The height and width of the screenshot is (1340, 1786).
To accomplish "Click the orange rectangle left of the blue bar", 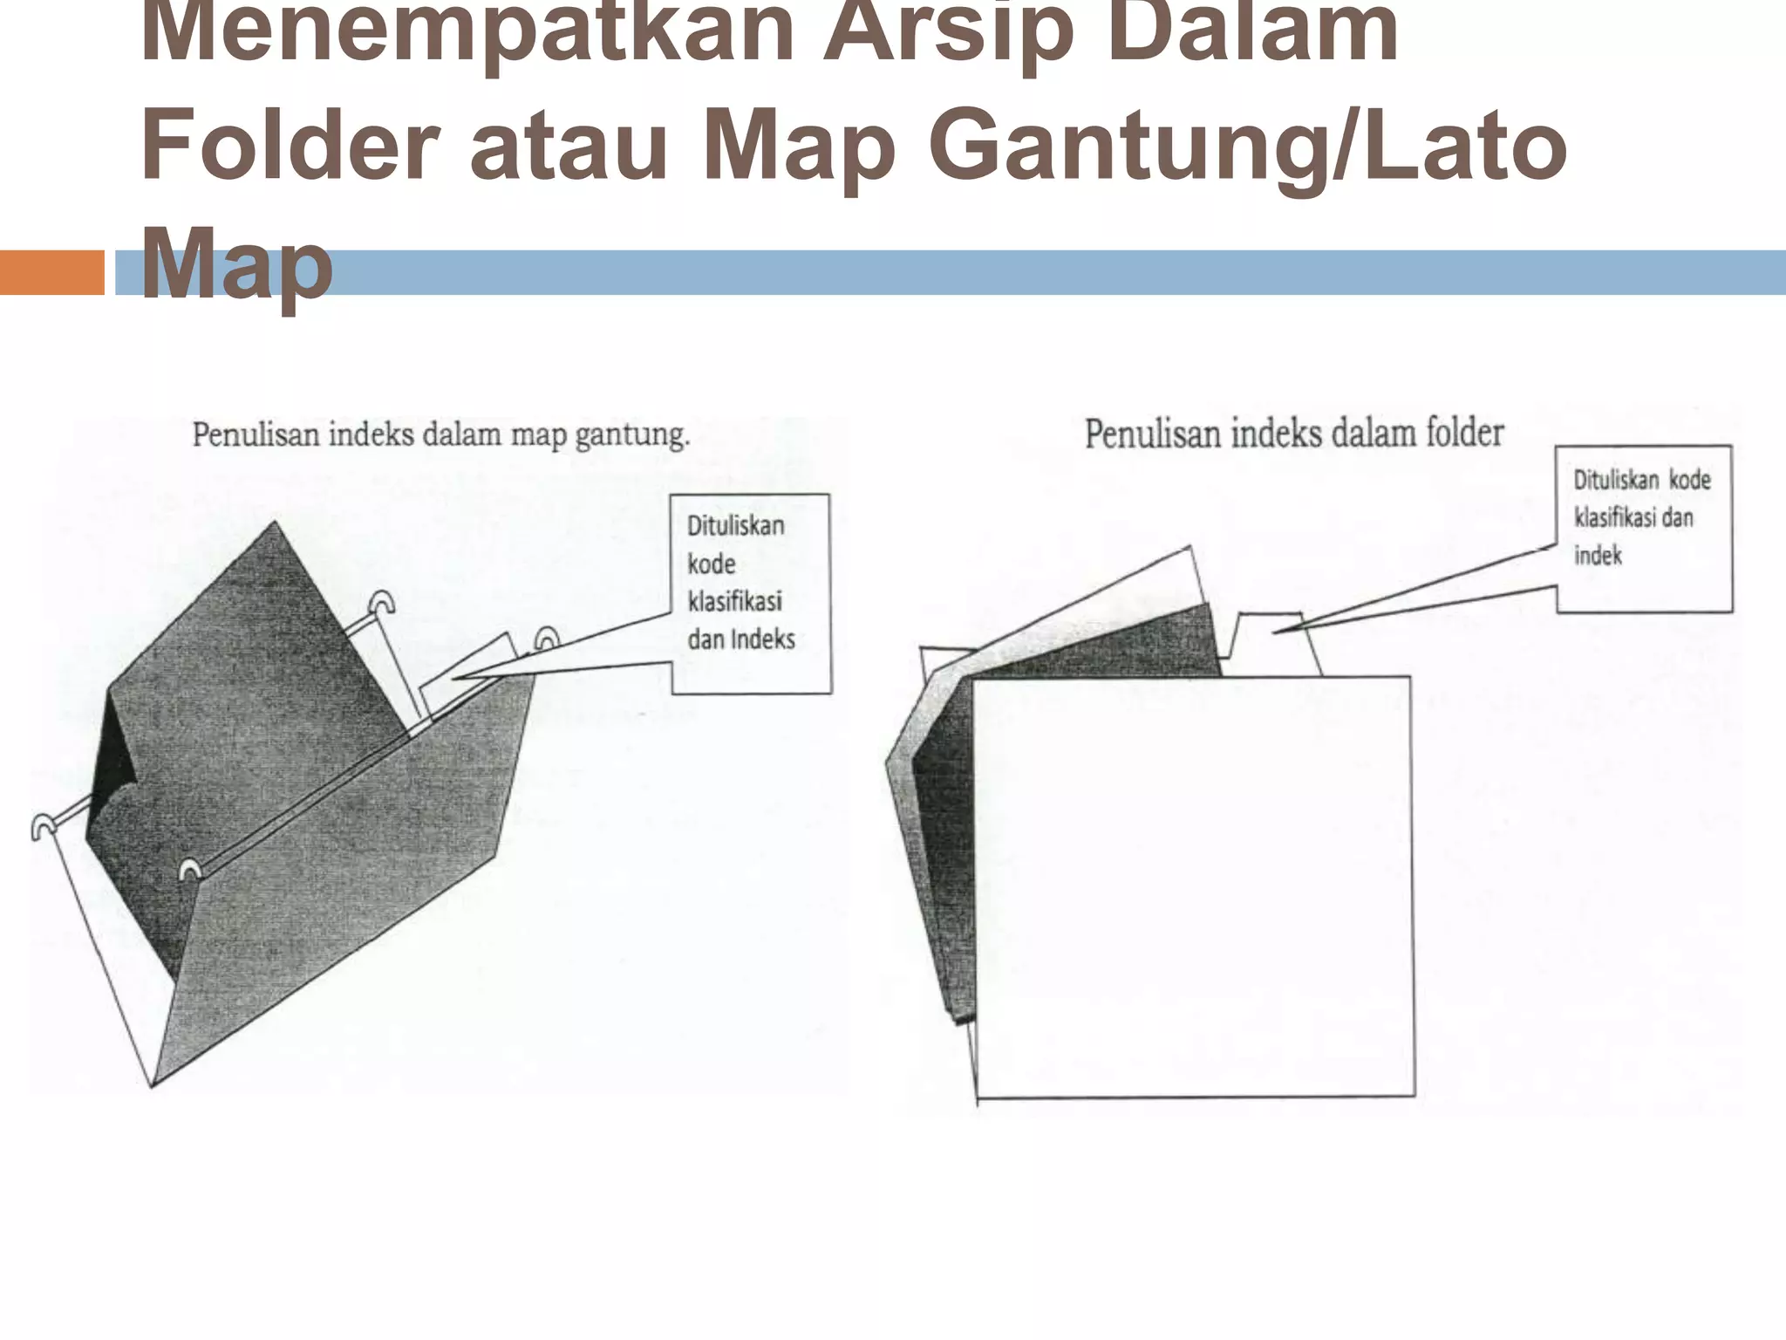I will pyautogui.click(x=51, y=272).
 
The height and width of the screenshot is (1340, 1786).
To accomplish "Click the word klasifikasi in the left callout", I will pyautogui.click(x=735, y=601).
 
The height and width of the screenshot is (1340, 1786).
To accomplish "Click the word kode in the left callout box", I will pyautogui.click(x=712, y=564).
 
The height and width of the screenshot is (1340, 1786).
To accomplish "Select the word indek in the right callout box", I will pyautogui.click(x=1598, y=556).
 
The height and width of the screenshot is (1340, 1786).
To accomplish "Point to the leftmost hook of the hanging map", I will pyautogui.click(x=42, y=825).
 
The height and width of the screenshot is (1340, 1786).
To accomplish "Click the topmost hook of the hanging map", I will pyautogui.click(x=382, y=602).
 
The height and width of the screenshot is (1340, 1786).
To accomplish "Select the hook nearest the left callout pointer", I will pyautogui.click(x=547, y=639).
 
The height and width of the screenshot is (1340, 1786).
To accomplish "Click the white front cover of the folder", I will pyautogui.click(x=1193, y=885).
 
